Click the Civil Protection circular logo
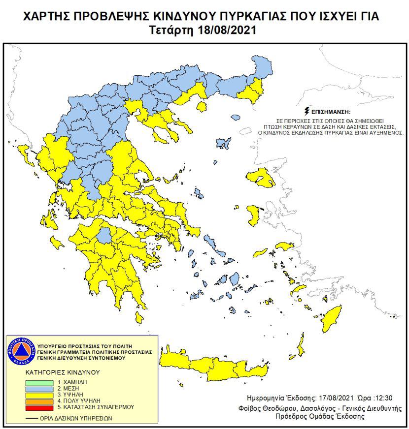pyautogui.click(x=21, y=352)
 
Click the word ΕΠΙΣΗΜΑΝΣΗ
pyautogui.click(x=331, y=112)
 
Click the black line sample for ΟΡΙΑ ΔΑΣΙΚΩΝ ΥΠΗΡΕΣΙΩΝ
pyautogui.click(x=33, y=419)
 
